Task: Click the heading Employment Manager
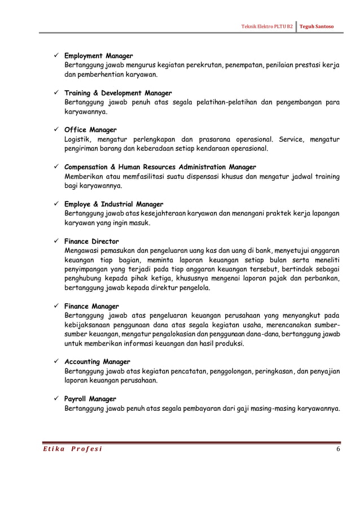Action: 98,56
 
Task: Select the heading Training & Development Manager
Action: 118,93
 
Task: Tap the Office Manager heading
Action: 90,130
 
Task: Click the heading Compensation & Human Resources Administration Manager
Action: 160,167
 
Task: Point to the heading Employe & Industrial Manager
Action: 114,204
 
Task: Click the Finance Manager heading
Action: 91,306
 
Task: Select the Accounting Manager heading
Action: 97,361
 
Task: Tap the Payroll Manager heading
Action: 90,398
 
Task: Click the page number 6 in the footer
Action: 337,449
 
